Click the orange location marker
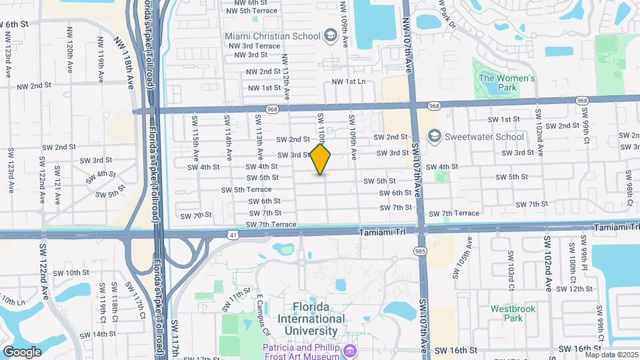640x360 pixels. pyautogui.click(x=321, y=159)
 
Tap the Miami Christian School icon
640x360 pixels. pyautogui.click(x=329, y=35)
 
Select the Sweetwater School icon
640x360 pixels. pyautogui.click(x=435, y=137)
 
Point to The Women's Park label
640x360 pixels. pyautogui.click(x=507, y=83)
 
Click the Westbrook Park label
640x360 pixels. pyautogui.click(x=514, y=313)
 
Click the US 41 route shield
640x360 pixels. pyautogui.click(x=231, y=235)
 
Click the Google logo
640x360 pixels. pyautogui.click(x=22, y=351)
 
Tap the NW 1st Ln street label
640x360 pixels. pyautogui.click(x=349, y=81)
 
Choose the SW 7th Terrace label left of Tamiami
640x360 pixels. pyautogui.click(x=271, y=225)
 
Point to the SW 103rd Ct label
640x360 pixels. pyautogui.click(x=511, y=263)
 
